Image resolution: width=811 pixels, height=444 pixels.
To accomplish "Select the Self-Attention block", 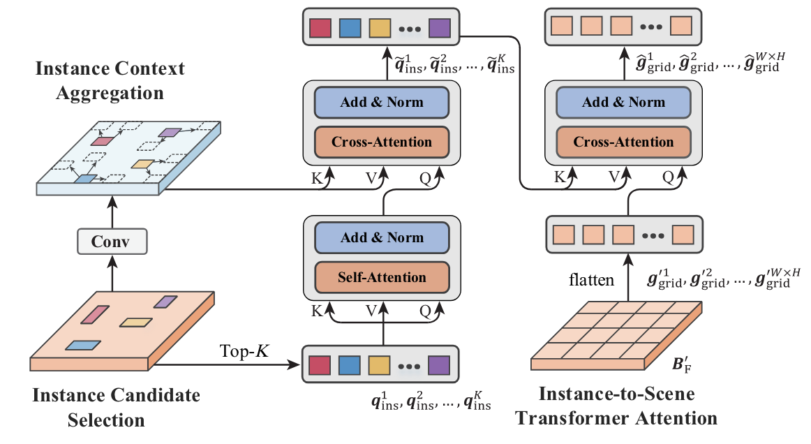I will click(x=381, y=276).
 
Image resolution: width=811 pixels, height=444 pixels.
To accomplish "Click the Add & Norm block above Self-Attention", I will click(x=381, y=237).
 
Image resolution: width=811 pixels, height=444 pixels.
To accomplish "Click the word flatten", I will click(x=590, y=280).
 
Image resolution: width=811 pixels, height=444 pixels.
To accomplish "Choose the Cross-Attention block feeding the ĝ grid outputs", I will click(x=623, y=142).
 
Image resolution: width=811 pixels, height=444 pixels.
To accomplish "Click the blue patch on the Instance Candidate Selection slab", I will click(x=83, y=345).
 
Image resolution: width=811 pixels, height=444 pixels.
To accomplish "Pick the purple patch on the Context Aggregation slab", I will click(x=170, y=132).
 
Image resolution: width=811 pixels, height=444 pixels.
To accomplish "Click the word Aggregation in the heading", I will click(x=100, y=92).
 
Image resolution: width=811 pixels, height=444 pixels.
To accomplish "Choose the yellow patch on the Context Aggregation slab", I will click(x=142, y=165).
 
